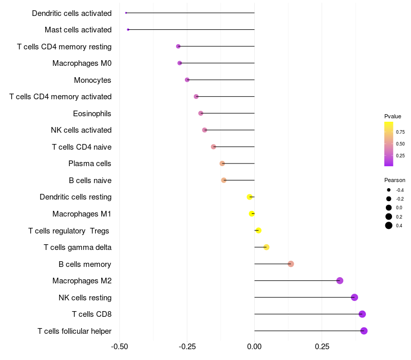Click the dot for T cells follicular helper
point(364,331)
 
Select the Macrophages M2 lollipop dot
point(340,280)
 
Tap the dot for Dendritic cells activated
point(126,13)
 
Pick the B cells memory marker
point(291,264)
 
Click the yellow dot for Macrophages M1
point(252,213)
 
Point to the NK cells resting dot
point(354,297)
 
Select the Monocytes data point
point(187,80)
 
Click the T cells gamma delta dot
point(266,247)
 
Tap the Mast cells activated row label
point(78,30)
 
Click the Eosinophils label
point(92,113)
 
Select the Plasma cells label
point(90,164)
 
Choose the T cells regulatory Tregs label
point(68,230)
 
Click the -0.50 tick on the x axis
point(120,346)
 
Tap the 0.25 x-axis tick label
point(322,346)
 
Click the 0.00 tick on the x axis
point(254,346)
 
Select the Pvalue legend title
point(393,116)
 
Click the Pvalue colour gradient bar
point(389,144)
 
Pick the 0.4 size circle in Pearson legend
point(389,225)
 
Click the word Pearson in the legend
point(395,180)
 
